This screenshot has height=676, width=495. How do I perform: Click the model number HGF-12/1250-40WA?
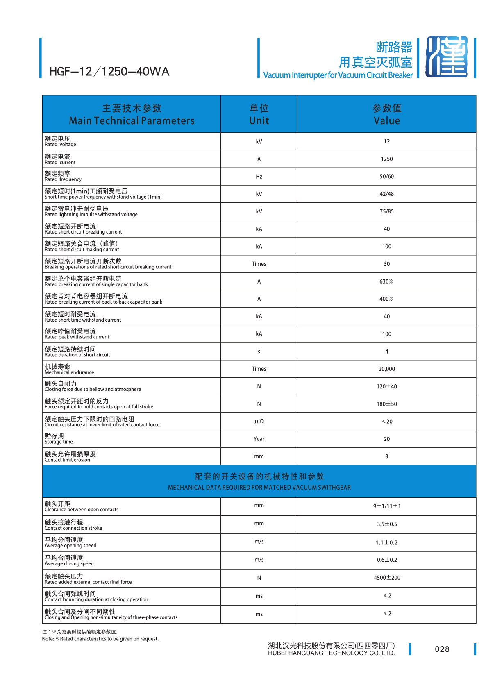[109, 72]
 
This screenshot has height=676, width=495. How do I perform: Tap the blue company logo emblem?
[447, 57]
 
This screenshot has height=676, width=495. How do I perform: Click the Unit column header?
[259, 114]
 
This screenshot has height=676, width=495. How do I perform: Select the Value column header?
[386, 114]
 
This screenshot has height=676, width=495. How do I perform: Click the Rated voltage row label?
[60, 141]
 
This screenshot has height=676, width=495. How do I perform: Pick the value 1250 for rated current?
[386, 159]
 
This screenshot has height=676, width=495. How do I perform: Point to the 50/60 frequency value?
[386, 177]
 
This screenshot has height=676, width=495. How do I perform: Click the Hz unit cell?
[259, 177]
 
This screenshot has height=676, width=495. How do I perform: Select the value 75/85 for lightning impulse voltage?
[386, 211]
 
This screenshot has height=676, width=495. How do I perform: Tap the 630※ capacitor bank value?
[386, 281]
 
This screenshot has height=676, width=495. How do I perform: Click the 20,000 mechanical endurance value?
[386, 369]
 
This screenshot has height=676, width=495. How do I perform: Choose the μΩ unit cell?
[259, 422]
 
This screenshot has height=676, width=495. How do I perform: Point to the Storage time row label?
[59, 439]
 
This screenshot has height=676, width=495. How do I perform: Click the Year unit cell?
[259, 439]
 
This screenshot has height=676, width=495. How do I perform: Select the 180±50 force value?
[386, 404]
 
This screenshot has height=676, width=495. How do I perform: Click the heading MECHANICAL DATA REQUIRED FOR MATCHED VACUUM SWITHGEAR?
[259, 488]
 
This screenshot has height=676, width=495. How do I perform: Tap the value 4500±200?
[387, 578]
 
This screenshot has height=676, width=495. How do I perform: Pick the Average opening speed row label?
[70, 542]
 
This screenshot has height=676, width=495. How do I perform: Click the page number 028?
[442, 649]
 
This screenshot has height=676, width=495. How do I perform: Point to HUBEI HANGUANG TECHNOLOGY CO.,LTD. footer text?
[331, 653]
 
